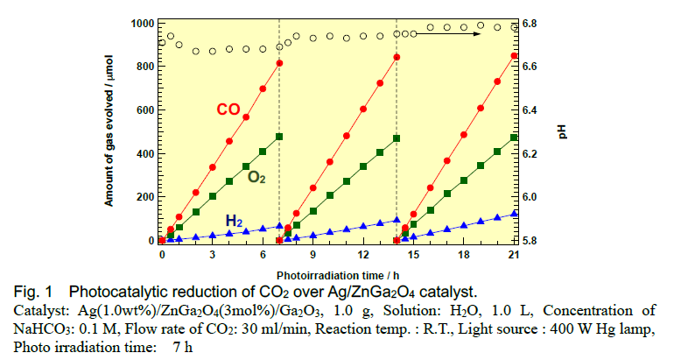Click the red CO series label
tap(228, 109)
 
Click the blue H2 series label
tap(235, 221)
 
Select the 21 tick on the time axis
tap(515, 255)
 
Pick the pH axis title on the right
tap(561, 131)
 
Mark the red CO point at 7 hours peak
tap(279, 63)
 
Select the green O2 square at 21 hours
tap(514, 138)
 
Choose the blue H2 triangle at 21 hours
tap(515, 213)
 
